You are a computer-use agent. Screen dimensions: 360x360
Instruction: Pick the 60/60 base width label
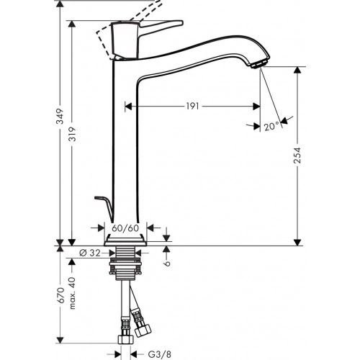click(127, 228)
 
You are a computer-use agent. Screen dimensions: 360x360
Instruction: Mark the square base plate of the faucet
click(127, 239)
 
